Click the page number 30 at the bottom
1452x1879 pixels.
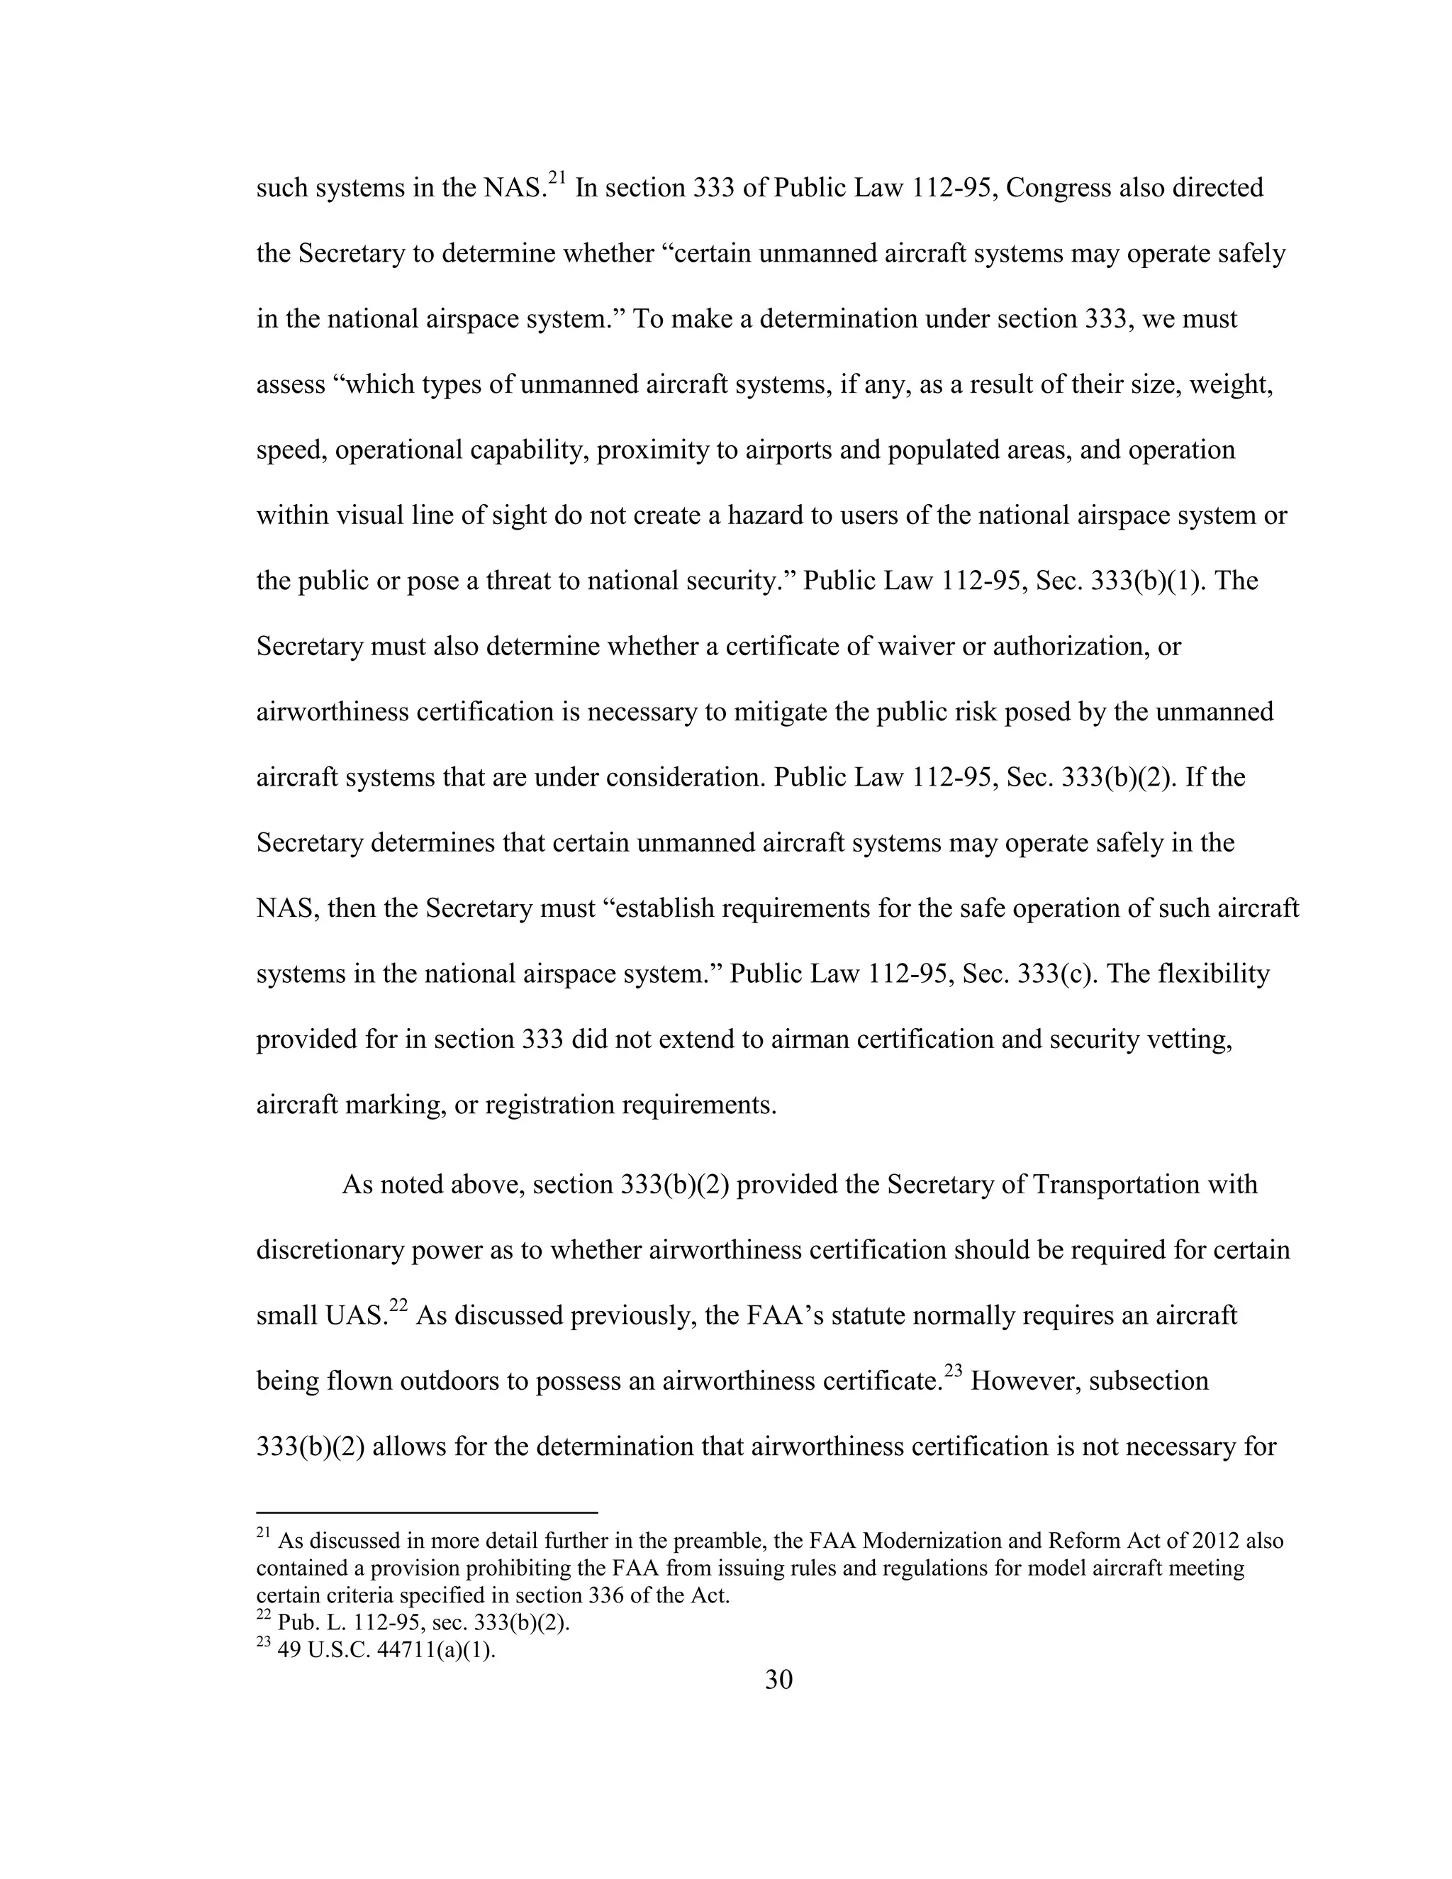[x=778, y=1679]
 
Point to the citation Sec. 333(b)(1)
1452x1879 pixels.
[x=1120, y=581]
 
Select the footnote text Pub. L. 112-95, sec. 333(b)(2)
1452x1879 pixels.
[x=424, y=1624]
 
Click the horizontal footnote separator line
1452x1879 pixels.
[x=427, y=1512]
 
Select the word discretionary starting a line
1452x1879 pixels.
[x=330, y=1250]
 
